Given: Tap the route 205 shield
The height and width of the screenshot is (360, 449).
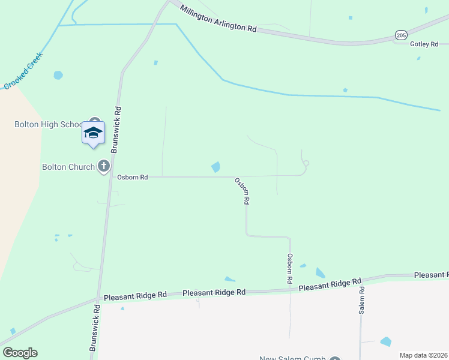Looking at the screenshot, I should (401, 35).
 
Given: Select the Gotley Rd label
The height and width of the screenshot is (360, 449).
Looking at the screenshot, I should (424, 44).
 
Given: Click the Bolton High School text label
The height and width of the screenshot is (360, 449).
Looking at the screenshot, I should (48, 124).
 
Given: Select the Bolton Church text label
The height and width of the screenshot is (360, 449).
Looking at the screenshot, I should (68, 167).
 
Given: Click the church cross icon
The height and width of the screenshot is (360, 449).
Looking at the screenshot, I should (104, 166).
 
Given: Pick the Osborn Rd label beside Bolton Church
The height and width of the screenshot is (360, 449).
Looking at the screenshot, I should (132, 177).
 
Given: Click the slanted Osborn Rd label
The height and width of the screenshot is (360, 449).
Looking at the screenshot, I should (242, 191).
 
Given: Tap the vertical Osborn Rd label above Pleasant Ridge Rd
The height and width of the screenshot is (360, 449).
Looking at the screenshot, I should (289, 268).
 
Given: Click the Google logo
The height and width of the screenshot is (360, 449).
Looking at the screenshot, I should (20, 353).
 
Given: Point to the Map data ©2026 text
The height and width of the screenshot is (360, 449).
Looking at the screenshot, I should (423, 355).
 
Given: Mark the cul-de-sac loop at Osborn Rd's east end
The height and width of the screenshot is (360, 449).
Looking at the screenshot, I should (306, 163).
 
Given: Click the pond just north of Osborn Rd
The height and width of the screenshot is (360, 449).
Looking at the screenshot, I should (215, 167).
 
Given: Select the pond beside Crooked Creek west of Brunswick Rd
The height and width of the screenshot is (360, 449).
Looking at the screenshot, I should (58, 75).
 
